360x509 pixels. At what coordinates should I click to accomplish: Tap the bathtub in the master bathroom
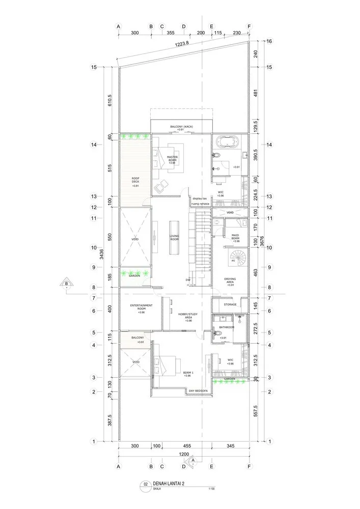click(227, 142)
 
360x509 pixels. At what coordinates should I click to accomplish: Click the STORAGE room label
click(230, 304)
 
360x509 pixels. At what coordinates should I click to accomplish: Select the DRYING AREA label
click(230, 280)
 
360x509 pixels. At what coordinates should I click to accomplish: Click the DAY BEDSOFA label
click(198, 391)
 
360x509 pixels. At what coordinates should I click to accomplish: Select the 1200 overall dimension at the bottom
click(184, 454)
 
